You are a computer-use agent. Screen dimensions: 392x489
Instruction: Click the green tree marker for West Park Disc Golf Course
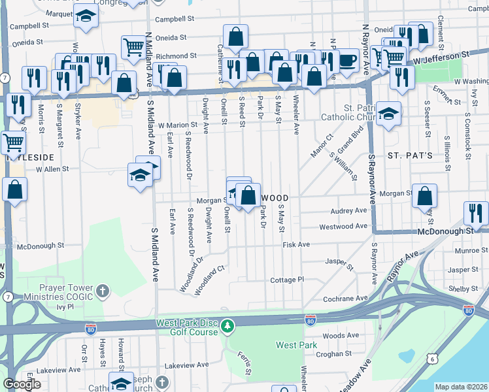(x=227, y=325)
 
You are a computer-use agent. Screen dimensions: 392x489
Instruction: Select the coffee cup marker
(x=347, y=61)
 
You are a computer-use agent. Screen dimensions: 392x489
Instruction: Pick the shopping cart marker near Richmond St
(x=133, y=46)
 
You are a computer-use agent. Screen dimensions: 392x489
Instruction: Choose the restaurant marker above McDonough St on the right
(x=476, y=213)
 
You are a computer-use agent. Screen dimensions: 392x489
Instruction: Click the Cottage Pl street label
(x=287, y=280)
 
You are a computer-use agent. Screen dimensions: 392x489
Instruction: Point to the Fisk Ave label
(x=295, y=245)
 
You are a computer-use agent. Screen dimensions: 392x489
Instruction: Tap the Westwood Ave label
(x=343, y=227)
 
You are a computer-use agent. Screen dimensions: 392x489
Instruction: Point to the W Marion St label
(x=177, y=124)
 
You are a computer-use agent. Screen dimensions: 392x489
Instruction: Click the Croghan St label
(x=337, y=353)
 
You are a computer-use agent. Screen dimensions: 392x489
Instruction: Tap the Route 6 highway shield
(x=431, y=359)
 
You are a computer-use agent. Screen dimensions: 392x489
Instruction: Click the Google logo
(x=22, y=384)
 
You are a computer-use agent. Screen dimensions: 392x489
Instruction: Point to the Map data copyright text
(x=460, y=387)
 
